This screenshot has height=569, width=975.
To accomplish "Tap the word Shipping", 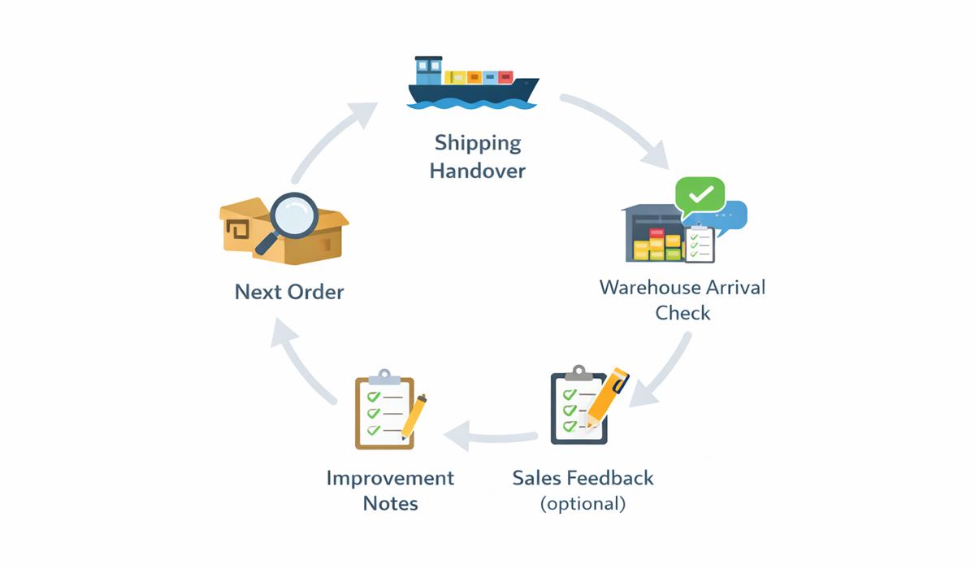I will tap(478, 143).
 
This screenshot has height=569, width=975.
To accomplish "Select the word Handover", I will tap(478, 171).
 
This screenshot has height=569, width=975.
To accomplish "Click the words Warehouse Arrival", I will tap(682, 287).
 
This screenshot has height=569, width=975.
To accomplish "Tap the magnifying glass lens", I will tap(293, 215).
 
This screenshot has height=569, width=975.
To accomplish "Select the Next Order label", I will tap(289, 292).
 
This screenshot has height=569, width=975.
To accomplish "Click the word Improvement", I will tap(390, 477).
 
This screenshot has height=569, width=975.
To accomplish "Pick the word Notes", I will tap(390, 503).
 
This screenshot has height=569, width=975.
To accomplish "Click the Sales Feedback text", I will tap(583, 477).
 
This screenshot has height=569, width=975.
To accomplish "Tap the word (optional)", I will tap(583, 503).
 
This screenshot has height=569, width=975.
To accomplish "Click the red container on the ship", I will tap(505, 77).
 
